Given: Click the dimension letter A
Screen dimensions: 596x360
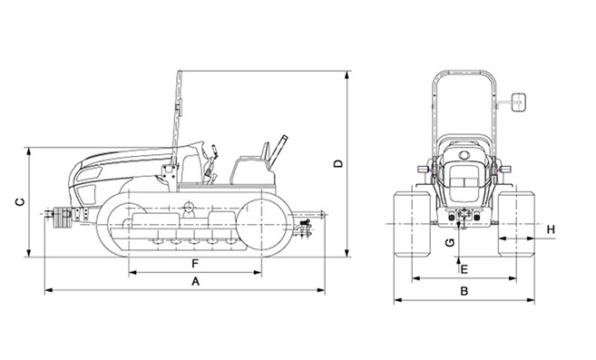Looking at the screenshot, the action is (x=195, y=281).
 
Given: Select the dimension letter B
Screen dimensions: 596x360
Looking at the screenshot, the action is (x=464, y=291).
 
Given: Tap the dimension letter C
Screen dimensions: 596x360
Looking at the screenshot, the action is (x=20, y=202).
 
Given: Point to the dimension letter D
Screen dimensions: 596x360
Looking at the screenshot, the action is (x=337, y=163).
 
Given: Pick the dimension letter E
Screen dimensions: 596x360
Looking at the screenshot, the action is (x=464, y=269).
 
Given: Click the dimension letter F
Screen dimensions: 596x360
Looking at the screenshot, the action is (x=195, y=264).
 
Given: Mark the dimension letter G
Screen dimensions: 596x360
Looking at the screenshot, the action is (x=450, y=242).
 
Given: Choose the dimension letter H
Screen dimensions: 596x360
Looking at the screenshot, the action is (x=551, y=229).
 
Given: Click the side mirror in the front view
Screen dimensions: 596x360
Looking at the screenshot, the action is (x=519, y=102).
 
